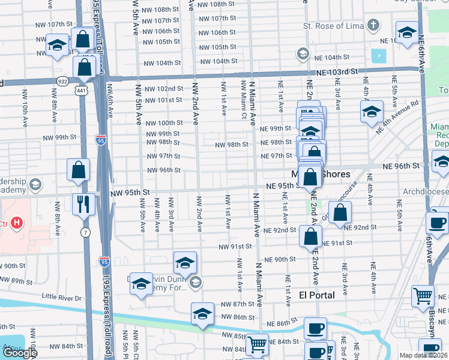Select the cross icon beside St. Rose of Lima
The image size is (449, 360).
coord(373,26)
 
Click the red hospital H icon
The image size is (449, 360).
coord(17,223)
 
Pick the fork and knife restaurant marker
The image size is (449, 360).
coord(83,204)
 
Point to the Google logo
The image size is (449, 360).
coord(20,353)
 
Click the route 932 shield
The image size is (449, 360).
coord(63,80)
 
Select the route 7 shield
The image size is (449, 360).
coord(86,232)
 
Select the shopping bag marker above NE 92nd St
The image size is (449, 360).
coord(340,212)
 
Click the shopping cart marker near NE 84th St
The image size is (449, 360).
coord(257,344)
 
